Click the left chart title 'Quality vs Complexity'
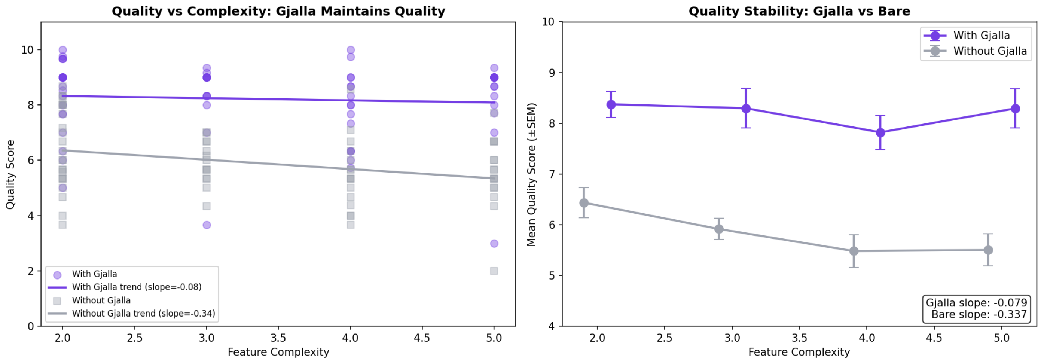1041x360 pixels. click(x=278, y=11)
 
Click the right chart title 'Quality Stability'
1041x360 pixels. click(x=799, y=11)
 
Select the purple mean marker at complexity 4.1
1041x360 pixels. click(x=880, y=132)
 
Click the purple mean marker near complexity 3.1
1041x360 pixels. click(x=746, y=109)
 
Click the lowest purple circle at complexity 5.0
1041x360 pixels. click(x=494, y=244)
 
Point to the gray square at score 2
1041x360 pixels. click(x=494, y=271)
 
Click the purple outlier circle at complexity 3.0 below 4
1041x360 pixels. click(x=207, y=225)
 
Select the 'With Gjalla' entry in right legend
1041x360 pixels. click(x=981, y=36)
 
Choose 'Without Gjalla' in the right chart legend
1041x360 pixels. click(x=990, y=51)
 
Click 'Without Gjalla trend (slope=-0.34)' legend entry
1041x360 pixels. click(x=143, y=314)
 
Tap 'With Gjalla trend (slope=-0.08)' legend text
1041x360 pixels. click(x=137, y=287)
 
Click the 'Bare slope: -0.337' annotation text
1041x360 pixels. click(x=979, y=314)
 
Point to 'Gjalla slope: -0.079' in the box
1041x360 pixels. click(x=976, y=303)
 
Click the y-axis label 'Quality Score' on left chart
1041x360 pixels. click(x=10, y=174)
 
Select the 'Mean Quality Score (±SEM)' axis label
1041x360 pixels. click(x=531, y=174)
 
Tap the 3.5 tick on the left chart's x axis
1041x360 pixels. click(x=278, y=338)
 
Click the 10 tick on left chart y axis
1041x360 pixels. click(x=27, y=50)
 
